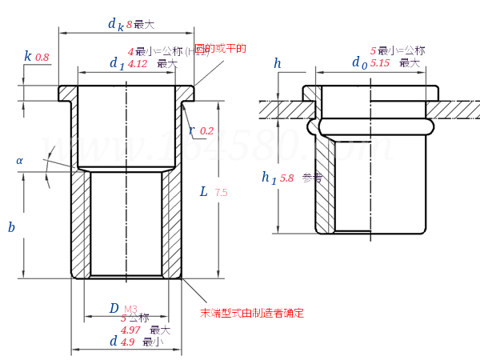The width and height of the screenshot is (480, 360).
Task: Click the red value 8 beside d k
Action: pyautogui.click(x=129, y=24)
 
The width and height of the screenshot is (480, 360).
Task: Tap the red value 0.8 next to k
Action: pyautogui.click(x=42, y=58)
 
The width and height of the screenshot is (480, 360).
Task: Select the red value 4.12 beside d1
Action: pyautogui.click(x=138, y=64)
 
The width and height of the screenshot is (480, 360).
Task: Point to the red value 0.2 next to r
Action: pyautogui.click(x=206, y=130)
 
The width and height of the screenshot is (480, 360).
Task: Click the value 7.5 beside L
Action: pyautogui.click(x=222, y=193)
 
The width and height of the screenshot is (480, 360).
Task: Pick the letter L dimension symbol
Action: pyautogui.click(x=204, y=192)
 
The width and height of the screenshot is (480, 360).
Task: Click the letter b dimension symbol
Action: pyautogui.click(x=11, y=227)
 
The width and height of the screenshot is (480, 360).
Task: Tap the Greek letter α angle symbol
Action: pyautogui.click(x=19, y=161)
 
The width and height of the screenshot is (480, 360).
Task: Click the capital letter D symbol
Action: pyautogui.click(x=114, y=309)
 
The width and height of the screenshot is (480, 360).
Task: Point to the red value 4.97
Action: pyautogui.click(x=130, y=330)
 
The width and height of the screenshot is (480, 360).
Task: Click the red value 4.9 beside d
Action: pyautogui.click(x=127, y=342)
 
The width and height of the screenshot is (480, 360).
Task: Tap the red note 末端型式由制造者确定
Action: pyautogui.click(x=251, y=313)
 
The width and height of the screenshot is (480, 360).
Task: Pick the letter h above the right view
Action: pyautogui.click(x=278, y=63)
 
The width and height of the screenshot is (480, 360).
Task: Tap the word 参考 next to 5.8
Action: pyautogui.click(x=312, y=178)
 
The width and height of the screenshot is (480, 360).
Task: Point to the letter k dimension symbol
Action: pyautogui.click(x=28, y=56)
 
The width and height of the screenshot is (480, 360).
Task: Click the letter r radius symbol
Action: pyautogui.click(x=191, y=130)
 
